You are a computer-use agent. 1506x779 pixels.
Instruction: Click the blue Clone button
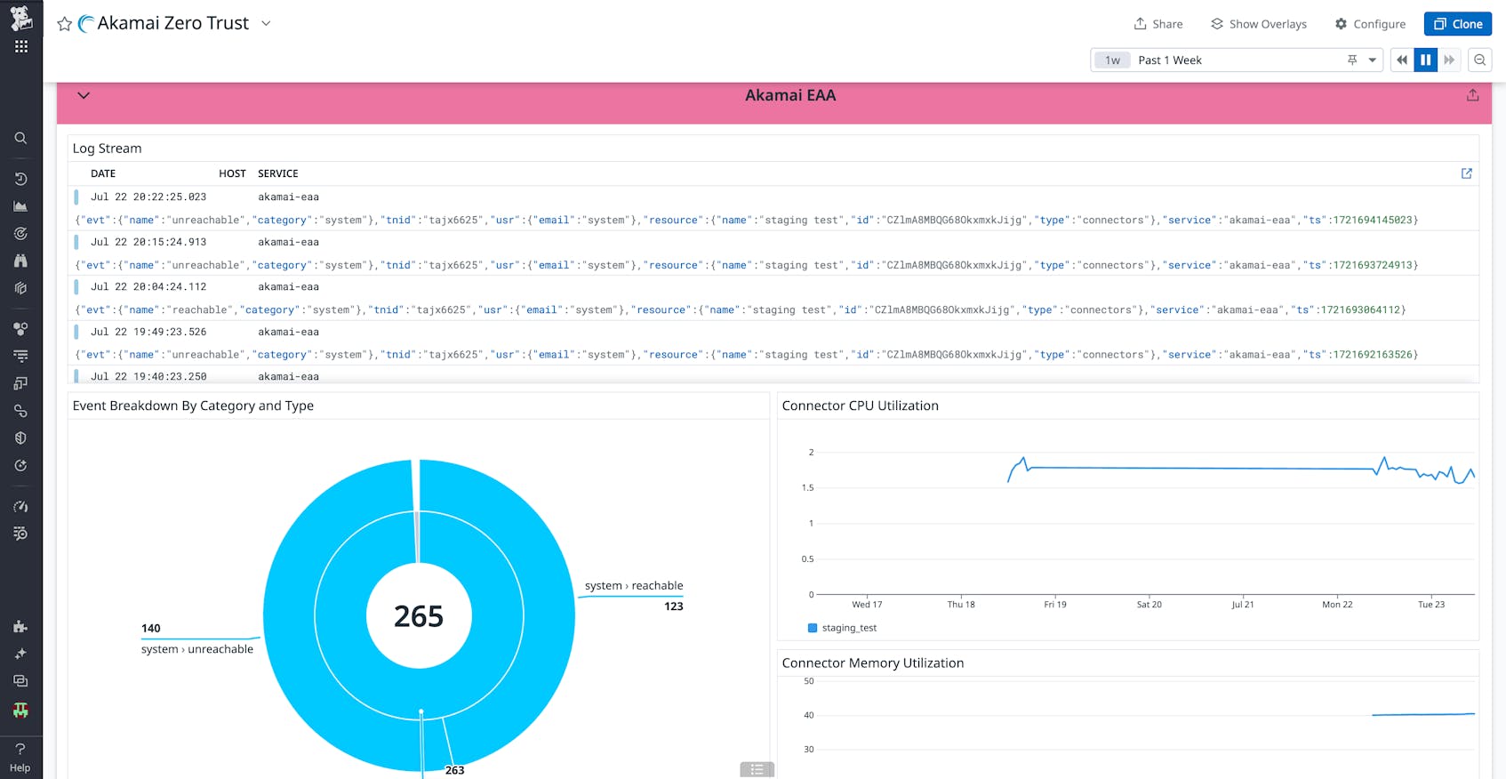pos(1457,24)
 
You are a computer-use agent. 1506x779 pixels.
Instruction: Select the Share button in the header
pos(1158,24)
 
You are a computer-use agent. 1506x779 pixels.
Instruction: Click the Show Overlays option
pos(1259,24)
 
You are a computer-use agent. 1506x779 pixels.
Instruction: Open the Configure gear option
pos(1370,24)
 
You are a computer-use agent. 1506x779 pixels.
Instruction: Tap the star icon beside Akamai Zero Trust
pos(64,24)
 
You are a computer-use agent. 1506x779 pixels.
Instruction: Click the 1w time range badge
pos(1112,60)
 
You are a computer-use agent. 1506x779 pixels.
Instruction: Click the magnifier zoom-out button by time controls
pos(1479,60)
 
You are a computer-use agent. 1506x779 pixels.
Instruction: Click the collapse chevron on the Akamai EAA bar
pos(84,95)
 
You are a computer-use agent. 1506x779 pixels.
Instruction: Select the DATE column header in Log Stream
pos(103,173)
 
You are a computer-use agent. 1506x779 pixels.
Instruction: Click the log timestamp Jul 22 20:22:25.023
pos(148,197)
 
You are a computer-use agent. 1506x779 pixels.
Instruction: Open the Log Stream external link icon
pos(1467,173)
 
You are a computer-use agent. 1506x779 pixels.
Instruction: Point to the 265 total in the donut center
pos(419,616)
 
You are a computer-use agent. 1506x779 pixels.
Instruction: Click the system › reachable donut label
pos(634,586)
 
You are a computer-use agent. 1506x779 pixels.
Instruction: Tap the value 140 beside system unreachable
pos(151,628)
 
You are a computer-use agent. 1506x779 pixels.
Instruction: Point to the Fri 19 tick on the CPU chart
pos(1055,605)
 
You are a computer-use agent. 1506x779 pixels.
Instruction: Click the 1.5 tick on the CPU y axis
pos(807,488)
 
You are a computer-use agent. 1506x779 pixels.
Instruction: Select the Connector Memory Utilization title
pos(872,663)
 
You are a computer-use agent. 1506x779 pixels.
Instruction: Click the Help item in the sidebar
pos(20,757)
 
